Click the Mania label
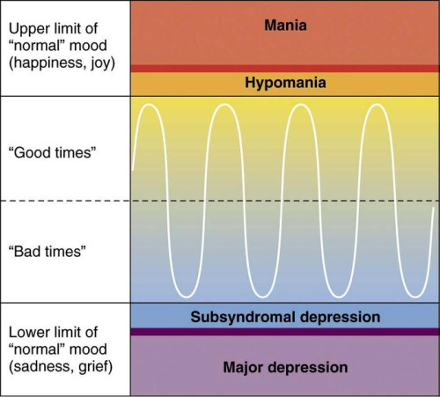pos(285,26)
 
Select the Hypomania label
pos(285,83)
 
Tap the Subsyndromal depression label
pos(285,317)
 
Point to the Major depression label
pos(285,367)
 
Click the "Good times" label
pos(53,152)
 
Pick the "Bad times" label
pos(48,252)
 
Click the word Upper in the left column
pos(25,29)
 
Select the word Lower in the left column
pos(25,333)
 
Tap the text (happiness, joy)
pos(62,63)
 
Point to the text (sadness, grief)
pos(61,367)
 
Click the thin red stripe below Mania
pos(285,69)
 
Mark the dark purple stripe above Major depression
pos(285,332)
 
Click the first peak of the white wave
pos(149,105)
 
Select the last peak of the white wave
pos(377,105)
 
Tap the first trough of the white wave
pos(187,298)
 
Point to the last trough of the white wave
pos(414,298)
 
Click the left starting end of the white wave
pos(133,170)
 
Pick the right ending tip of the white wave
pos(434,208)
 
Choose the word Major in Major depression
pos(243,368)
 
